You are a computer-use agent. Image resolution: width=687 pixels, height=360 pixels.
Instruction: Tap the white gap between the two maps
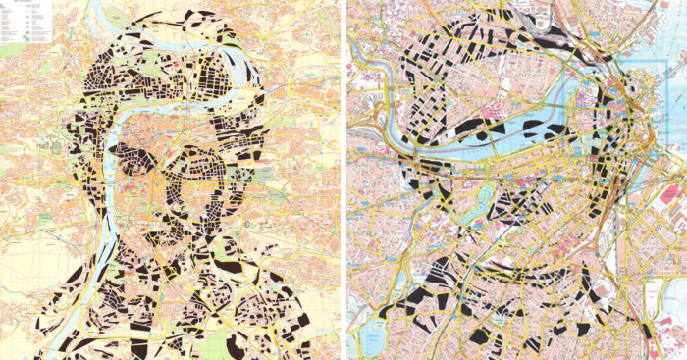point(344,177)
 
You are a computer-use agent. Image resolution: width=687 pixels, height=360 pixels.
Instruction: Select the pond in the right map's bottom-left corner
point(372,339)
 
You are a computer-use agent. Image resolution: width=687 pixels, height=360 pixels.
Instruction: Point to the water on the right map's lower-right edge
point(677,325)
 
